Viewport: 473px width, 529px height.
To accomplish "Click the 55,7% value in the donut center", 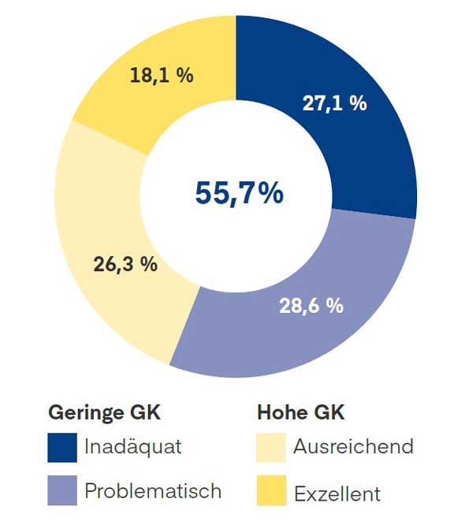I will pyautogui.click(x=239, y=192).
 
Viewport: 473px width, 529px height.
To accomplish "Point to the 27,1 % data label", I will pyautogui.click(x=334, y=102).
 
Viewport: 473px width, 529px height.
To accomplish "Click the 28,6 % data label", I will pyautogui.click(x=311, y=306).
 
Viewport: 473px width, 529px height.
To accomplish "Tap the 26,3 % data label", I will pyautogui.click(x=125, y=264).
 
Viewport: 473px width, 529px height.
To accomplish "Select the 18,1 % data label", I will pyautogui.click(x=162, y=76).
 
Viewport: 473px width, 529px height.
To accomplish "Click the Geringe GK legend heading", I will pyautogui.click(x=104, y=412).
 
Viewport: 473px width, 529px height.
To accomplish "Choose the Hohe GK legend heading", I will pyautogui.click(x=301, y=412).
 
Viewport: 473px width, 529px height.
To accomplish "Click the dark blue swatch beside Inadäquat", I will pyautogui.click(x=62, y=447).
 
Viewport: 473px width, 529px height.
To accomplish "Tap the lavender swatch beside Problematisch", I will pyautogui.click(x=62, y=491).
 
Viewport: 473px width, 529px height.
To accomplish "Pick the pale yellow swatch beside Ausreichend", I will pyautogui.click(x=271, y=447).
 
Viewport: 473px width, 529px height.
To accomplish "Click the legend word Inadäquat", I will pyautogui.click(x=133, y=447).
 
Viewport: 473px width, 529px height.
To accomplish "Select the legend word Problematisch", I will pyautogui.click(x=153, y=491).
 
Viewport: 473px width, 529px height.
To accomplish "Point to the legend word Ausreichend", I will pyautogui.click(x=353, y=447).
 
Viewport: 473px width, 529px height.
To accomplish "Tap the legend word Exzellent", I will pyautogui.click(x=337, y=494).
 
